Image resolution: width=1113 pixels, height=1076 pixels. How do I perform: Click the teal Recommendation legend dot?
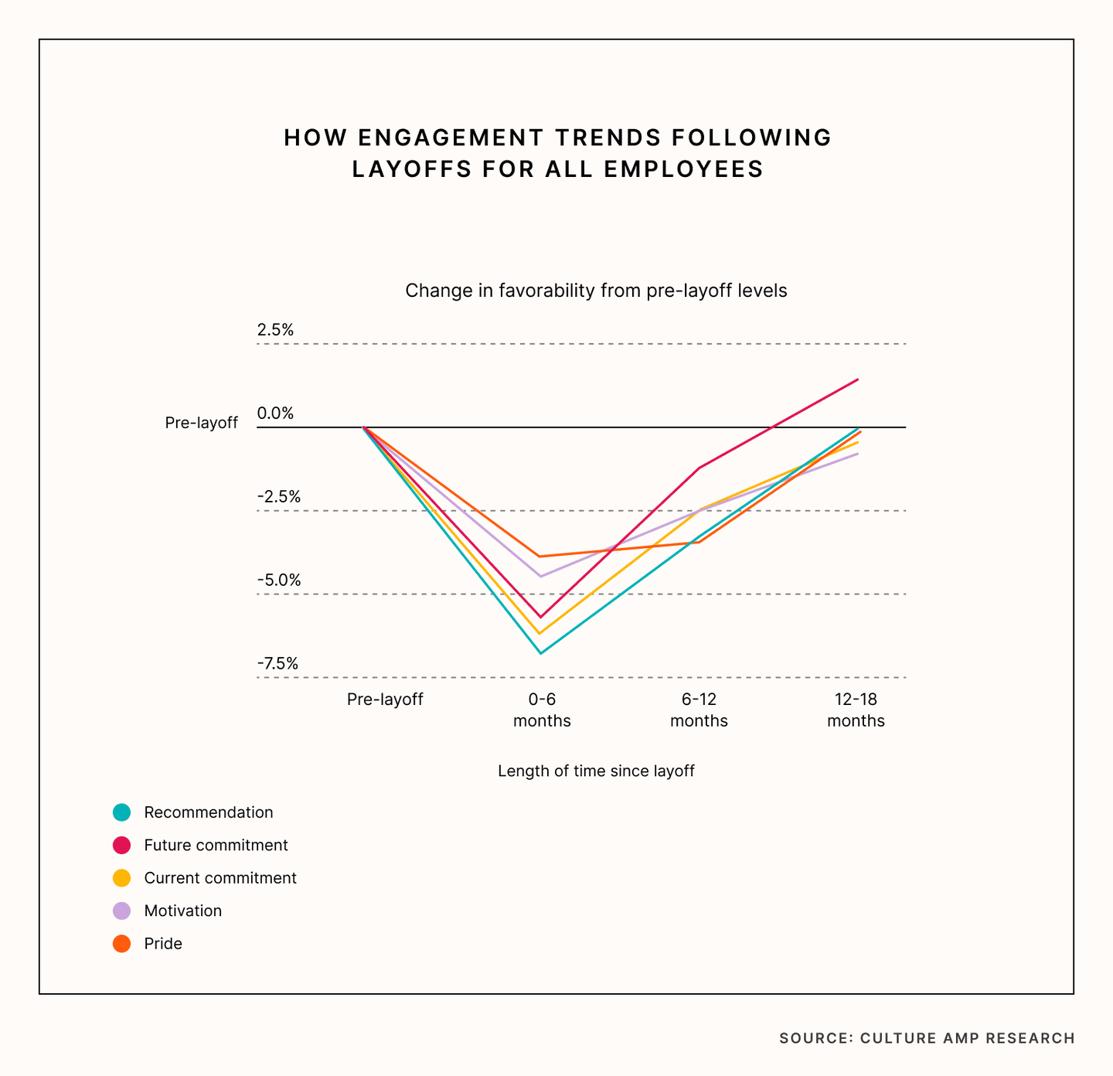click(121, 812)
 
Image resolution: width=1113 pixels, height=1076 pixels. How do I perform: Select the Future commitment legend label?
click(216, 845)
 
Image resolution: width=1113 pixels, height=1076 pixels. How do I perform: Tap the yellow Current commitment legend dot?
click(121, 878)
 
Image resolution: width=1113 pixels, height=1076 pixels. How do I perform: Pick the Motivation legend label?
click(182, 911)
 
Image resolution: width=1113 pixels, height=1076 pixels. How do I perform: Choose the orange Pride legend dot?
click(121, 944)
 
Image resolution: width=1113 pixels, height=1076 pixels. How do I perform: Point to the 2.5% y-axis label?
click(275, 330)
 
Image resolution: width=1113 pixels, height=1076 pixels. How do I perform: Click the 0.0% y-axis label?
click(275, 414)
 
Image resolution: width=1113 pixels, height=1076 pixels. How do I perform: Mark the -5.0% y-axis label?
click(278, 581)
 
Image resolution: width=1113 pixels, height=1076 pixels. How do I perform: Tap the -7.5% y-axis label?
click(277, 664)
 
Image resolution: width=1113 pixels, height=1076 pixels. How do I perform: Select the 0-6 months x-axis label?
click(542, 710)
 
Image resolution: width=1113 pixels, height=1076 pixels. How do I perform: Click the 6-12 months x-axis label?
click(699, 710)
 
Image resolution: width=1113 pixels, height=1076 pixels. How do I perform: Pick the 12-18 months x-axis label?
click(856, 710)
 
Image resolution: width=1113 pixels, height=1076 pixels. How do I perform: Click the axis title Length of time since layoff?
click(596, 771)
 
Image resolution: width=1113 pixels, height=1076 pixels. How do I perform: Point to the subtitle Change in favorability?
click(596, 291)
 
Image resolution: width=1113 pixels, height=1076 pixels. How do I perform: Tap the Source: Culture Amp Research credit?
click(927, 1038)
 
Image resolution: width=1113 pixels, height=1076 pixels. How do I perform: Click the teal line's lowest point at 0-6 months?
click(541, 653)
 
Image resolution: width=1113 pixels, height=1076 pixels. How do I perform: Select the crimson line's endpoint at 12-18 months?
click(858, 380)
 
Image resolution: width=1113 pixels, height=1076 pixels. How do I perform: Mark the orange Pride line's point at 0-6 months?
click(541, 557)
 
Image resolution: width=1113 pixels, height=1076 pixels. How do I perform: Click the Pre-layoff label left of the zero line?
click(201, 423)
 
